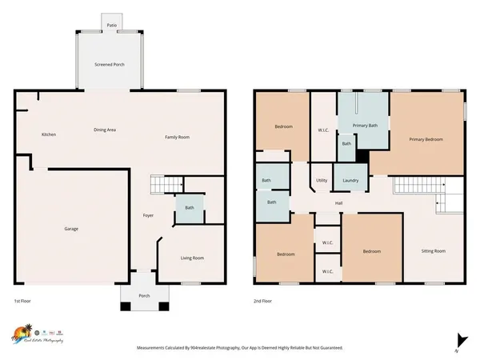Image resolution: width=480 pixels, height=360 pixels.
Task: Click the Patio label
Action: coord(113,26)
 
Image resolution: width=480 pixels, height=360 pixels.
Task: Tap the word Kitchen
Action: coord(49,134)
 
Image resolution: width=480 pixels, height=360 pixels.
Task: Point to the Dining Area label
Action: coord(106,129)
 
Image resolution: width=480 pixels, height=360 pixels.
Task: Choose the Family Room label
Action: coord(177,138)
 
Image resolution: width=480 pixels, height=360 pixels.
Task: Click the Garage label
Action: coord(71,229)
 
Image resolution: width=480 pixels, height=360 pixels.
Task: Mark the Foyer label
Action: coord(148,215)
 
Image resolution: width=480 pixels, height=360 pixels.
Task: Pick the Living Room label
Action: coord(191,258)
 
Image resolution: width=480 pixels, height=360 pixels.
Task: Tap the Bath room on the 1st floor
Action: coord(190,208)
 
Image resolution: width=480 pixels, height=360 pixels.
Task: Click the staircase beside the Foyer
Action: coord(164,186)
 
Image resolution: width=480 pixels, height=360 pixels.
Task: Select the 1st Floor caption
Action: coord(23,301)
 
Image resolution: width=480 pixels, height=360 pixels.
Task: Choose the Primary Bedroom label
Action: coord(426,139)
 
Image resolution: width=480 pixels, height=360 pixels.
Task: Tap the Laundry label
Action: coord(350,180)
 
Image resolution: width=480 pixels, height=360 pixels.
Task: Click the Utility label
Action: coord(322,180)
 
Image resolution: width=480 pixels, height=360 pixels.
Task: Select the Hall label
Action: coord(338,203)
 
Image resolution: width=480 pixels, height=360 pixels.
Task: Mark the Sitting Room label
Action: coord(434,250)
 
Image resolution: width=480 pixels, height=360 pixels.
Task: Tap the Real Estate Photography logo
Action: coord(38,334)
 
